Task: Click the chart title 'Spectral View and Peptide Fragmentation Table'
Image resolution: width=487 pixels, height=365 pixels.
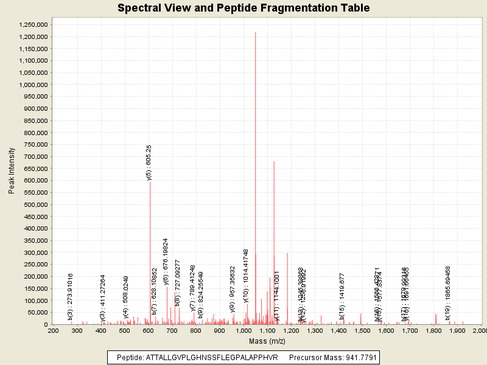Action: tap(243, 9)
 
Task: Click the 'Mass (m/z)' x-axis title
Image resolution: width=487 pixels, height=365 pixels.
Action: tap(267, 341)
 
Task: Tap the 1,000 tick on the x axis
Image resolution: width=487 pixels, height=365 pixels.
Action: tap(243, 330)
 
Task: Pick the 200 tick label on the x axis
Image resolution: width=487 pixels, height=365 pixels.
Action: tap(54, 330)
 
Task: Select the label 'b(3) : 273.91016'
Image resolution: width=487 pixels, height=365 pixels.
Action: tap(71, 296)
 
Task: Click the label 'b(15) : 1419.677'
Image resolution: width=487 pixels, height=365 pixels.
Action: tap(342, 296)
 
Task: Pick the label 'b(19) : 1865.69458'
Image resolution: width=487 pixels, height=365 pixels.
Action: tap(448, 293)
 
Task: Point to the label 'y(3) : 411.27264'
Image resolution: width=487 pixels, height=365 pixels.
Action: tap(103, 297)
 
